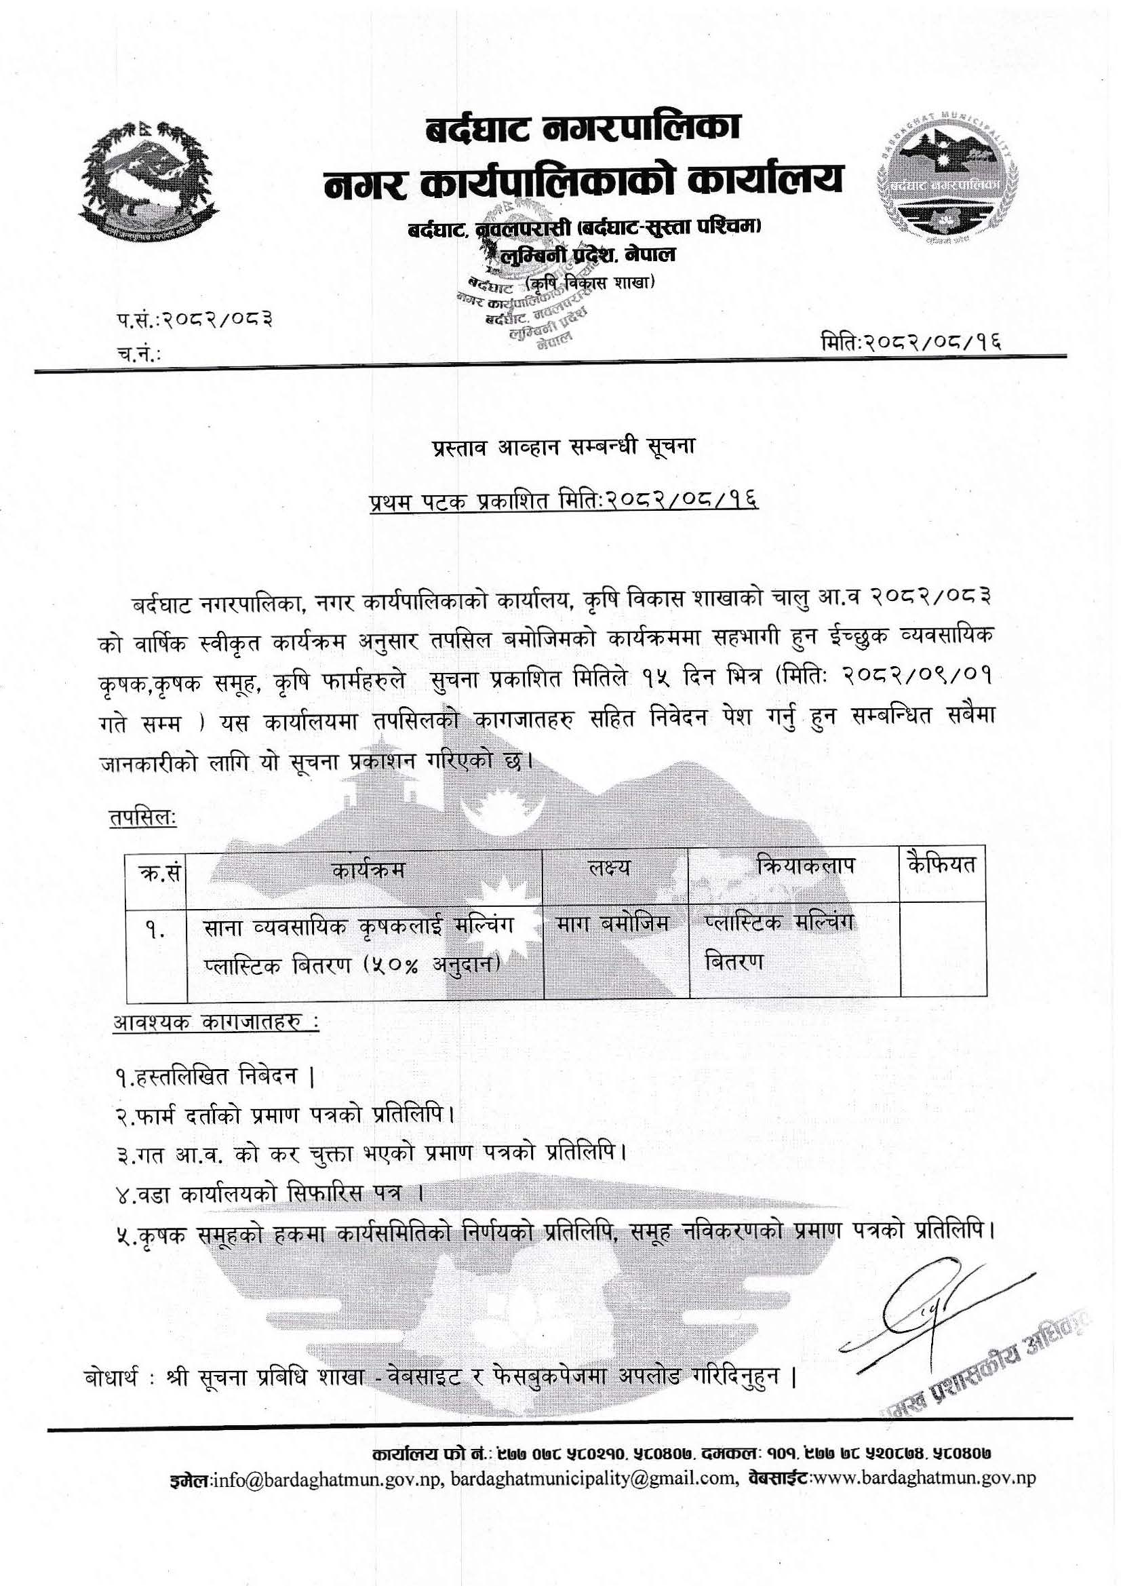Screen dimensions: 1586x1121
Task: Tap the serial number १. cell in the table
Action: point(155,932)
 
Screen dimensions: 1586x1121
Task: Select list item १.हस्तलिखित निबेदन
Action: point(215,1075)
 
